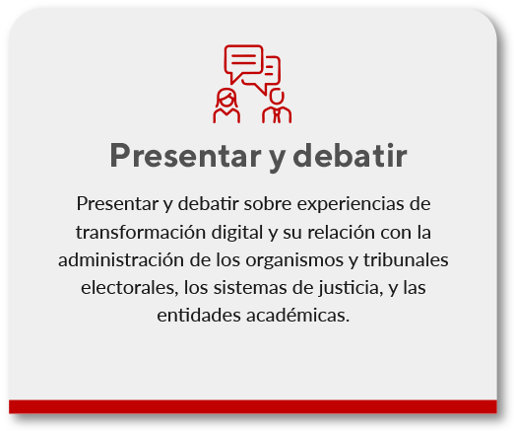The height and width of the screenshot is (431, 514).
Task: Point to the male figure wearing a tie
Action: click(277, 106)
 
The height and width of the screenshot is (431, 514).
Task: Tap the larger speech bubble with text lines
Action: click(243, 64)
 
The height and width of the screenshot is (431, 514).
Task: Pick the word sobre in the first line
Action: click(262, 204)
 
